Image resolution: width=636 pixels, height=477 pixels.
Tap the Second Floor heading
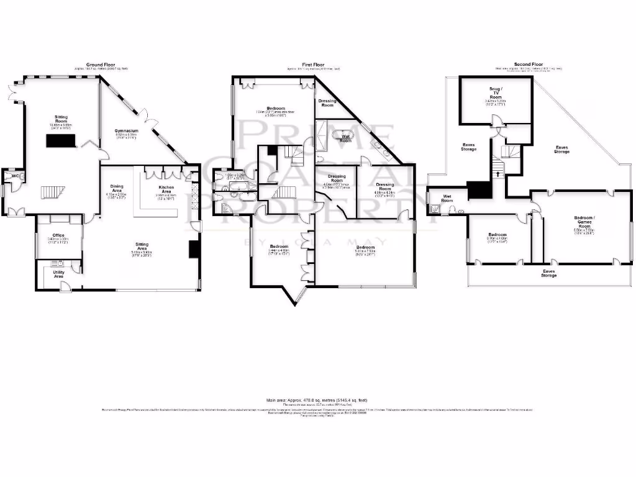(529, 64)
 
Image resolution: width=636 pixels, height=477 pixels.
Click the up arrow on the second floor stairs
(496, 173)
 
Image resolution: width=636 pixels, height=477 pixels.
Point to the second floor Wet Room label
(447, 199)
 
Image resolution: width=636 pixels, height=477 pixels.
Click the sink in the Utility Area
(75, 266)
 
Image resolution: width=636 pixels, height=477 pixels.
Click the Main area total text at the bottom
(318, 401)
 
